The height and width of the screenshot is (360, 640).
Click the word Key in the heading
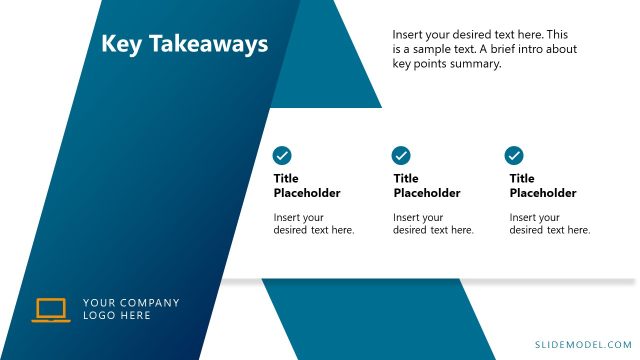[x=121, y=44]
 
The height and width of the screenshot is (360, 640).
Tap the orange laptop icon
[x=51, y=310]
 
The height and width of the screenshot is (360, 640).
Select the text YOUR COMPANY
[x=131, y=303]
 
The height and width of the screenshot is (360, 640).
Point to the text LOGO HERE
[x=117, y=316]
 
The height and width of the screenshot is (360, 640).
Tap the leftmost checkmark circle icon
[x=282, y=155]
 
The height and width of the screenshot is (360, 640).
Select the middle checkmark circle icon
[x=401, y=155]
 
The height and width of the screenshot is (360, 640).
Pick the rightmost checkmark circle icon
[x=514, y=155]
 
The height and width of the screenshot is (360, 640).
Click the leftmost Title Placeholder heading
[x=307, y=186]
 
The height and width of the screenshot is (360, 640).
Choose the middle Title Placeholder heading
[x=427, y=186]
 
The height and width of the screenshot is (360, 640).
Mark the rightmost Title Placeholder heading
[x=543, y=186]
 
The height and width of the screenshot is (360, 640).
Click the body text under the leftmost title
[x=314, y=224]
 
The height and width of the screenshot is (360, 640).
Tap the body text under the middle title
[x=433, y=224]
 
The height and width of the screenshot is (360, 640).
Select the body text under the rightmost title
[x=550, y=224]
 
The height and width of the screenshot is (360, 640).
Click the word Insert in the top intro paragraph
[x=409, y=34]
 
